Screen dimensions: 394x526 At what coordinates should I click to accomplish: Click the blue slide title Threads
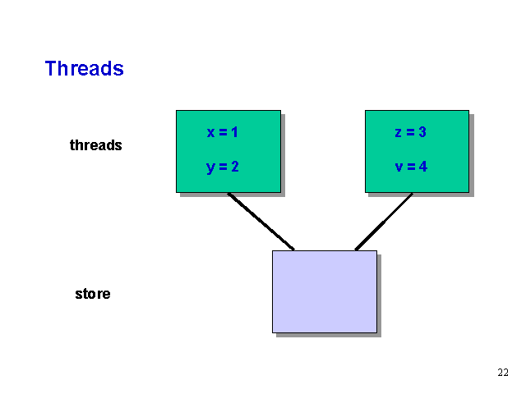click(84, 68)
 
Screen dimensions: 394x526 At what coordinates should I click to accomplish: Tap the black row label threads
click(95, 145)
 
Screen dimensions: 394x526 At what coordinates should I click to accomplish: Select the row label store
click(92, 293)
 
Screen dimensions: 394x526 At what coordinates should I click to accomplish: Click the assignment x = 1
click(222, 132)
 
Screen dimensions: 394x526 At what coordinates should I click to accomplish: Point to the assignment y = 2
click(222, 167)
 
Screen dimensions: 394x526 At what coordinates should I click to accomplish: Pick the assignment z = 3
click(410, 132)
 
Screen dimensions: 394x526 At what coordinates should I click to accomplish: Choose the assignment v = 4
click(410, 167)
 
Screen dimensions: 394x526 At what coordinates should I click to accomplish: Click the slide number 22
click(503, 373)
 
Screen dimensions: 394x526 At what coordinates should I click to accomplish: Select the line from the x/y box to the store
click(261, 222)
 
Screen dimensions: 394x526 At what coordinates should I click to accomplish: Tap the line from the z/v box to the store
click(384, 222)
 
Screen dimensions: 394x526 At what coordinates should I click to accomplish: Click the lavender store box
click(324, 291)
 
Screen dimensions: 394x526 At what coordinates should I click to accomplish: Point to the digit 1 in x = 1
click(234, 132)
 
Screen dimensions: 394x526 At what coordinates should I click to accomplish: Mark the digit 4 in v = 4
click(422, 167)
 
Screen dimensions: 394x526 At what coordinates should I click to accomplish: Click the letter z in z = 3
click(398, 132)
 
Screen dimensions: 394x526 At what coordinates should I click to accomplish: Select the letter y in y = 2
click(210, 167)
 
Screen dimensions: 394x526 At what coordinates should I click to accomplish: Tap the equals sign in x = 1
click(222, 132)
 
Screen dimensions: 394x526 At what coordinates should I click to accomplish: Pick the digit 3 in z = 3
click(422, 132)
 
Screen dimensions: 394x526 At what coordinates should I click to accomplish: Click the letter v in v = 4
click(399, 167)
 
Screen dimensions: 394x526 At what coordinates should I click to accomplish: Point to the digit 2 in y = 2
click(234, 167)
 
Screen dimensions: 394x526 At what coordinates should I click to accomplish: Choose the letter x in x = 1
click(210, 132)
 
